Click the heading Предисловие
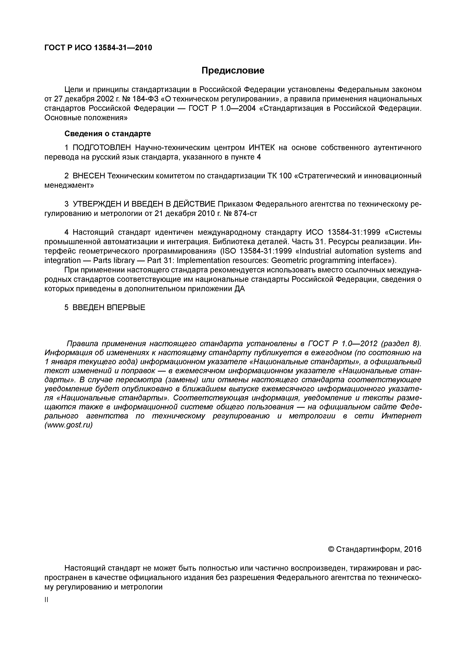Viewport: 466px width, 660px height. pyautogui.click(x=233, y=70)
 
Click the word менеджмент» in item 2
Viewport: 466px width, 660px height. pyautogui.click(x=69, y=185)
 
